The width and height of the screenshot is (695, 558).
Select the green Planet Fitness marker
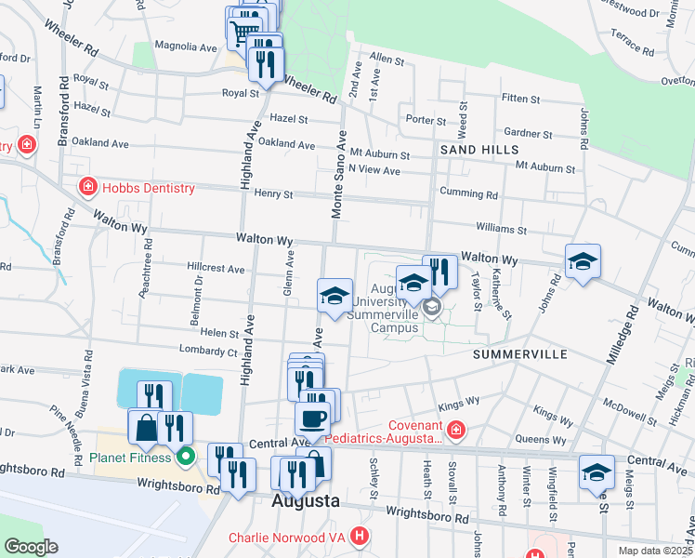tap(185, 457)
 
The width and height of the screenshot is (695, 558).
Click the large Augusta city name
tap(305, 501)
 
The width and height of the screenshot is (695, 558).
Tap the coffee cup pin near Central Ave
tap(312, 419)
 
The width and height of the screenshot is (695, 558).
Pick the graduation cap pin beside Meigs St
tap(596, 472)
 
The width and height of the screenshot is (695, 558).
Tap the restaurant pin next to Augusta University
tap(440, 272)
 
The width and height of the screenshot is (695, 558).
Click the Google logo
tap(32, 547)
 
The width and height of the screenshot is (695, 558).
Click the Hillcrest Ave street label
tap(216, 269)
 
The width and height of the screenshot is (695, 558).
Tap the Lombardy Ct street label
tap(207, 351)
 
